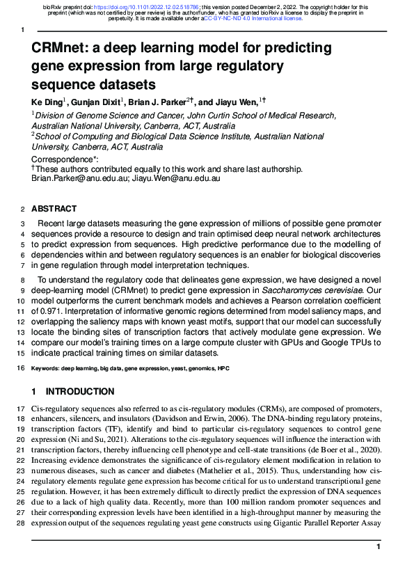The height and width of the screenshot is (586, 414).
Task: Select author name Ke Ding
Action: [x=46, y=102]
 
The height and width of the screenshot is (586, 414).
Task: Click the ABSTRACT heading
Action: [x=54, y=209]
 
